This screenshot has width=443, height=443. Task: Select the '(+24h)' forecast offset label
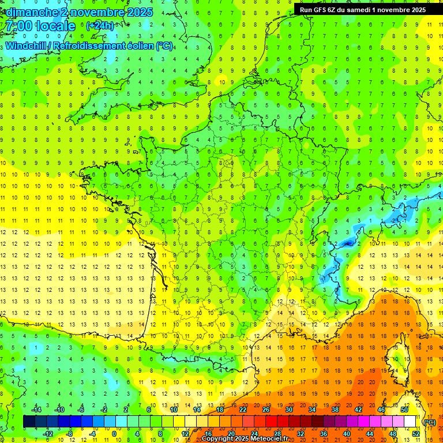click(100, 26)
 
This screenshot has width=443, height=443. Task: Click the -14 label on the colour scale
click(36, 410)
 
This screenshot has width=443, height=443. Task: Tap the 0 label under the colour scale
click(114, 434)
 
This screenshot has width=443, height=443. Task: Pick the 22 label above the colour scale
click(243, 410)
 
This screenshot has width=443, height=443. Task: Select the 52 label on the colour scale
click(416, 434)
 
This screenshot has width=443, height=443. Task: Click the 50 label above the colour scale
click(404, 410)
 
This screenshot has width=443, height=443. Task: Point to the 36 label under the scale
click(324, 434)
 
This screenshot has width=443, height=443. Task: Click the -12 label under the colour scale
click(48, 434)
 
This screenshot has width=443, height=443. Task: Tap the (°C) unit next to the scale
click(430, 422)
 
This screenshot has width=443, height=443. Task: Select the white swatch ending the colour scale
click(410, 422)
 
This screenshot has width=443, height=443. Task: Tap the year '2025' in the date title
click(139, 12)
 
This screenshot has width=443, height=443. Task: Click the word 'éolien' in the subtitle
click(138, 46)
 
